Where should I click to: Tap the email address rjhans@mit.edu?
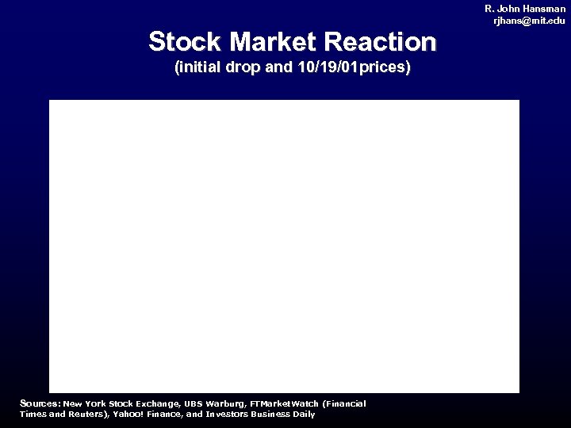529,21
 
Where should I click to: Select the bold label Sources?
40,403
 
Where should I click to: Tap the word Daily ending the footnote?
304,414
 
